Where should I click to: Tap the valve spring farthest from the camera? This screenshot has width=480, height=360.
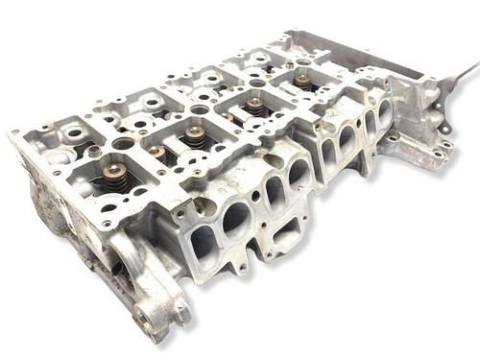(x=303, y=84)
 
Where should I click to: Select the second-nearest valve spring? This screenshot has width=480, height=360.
(x=156, y=153)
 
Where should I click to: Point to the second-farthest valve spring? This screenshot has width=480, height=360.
(x=255, y=107)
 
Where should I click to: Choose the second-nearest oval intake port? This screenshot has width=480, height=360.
(x=237, y=222)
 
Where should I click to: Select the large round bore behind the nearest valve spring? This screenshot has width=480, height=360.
(x=124, y=144)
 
